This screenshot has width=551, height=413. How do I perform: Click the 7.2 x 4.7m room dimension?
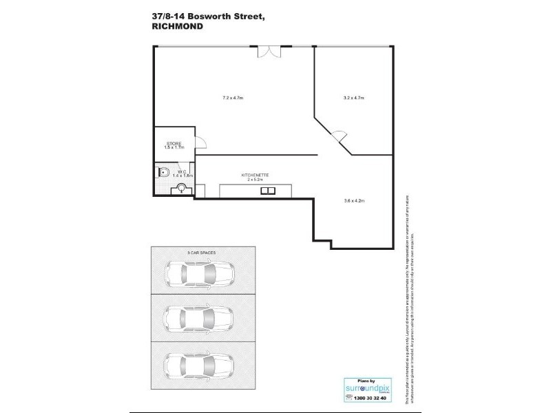click(233, 98)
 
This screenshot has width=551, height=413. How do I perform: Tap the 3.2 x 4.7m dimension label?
click(353, 98)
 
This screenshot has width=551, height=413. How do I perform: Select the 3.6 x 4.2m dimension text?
click(353, 200)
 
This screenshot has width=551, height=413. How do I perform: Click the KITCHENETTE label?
click(254, 176)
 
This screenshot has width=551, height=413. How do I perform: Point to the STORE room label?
click(173, 143)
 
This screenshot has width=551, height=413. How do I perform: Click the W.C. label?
click(182, 172)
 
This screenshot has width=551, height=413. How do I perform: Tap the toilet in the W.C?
click(164, 171)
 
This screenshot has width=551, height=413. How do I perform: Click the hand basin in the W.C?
click(182, 189)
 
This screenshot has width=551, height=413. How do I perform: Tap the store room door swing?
click(200, 142)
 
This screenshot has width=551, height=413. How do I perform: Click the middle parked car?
click(200, 317)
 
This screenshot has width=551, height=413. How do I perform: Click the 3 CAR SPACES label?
click(201, 253)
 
